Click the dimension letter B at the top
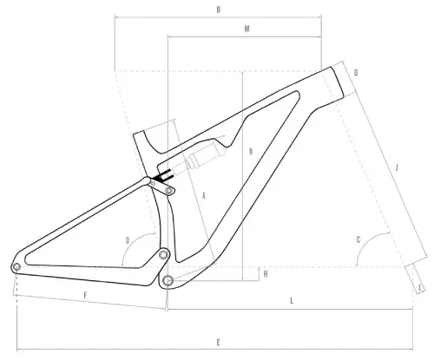tap(219, 10)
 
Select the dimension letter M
tap(247, 29)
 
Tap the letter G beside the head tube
tap(356, 73)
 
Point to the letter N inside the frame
tap(250, 150)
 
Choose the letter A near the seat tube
tap(202, 196)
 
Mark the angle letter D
tap(127, 239)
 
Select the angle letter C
tap(358, 239)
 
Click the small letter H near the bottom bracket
tap(265, 274)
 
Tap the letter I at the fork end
tap(420, 287)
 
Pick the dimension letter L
tap(293, 299)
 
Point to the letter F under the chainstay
tap(85, 297)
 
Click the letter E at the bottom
tap(218, 342)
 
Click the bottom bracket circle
tap(169, 279)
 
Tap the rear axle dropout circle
tap(16, 265)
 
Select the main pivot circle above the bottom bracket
tap(163, 255)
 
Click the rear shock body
tap(198, 159)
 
